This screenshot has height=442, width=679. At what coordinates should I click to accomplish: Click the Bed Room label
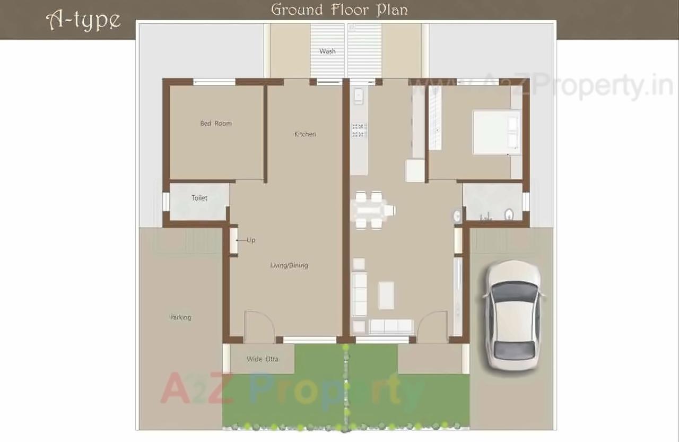[216, 124]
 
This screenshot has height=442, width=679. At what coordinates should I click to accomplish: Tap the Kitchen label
[305, 134]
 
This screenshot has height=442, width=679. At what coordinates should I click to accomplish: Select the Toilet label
[199, 198]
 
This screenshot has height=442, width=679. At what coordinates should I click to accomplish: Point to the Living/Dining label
[289, 265]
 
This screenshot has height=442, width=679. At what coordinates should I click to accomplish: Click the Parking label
[180, 317]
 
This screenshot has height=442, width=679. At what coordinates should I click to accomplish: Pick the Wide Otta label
[263, 359]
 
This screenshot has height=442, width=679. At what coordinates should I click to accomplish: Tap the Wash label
[327, 51]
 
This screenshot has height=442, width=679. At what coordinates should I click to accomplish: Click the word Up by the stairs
[251, 240]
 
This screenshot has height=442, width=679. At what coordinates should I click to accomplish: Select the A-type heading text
[83, 20]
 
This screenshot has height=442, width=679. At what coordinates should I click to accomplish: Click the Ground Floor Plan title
[339, 10]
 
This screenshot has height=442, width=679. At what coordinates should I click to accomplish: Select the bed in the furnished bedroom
[497, 132]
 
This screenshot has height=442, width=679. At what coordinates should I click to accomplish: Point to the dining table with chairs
[373, 210]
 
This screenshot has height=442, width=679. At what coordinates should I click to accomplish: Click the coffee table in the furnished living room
[386, 295]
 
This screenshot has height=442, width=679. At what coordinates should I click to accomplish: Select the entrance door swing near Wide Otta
[259, 325]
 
